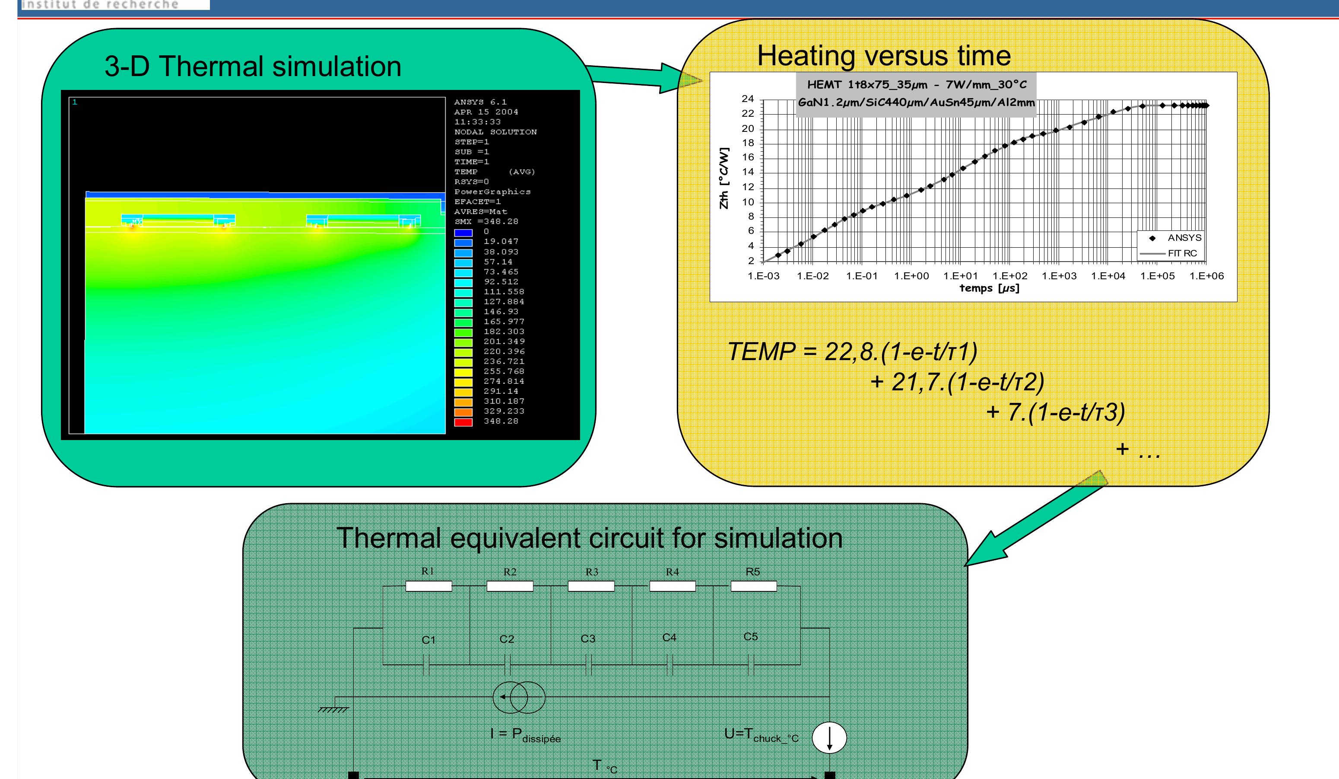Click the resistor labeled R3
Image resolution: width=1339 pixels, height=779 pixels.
point(591,586)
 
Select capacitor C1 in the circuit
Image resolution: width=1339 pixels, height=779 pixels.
point(426,665)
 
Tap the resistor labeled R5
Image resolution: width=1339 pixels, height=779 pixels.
point(753,586)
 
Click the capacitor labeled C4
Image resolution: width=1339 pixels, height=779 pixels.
point(669,665)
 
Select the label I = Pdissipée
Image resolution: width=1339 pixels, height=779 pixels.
point(525,735)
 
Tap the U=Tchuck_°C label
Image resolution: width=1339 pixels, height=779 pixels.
point(762,735)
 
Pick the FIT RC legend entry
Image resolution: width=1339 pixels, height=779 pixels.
point(1171,253)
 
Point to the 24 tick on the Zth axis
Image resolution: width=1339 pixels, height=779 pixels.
point(748,99)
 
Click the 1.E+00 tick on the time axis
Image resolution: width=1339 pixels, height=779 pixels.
point(911,276)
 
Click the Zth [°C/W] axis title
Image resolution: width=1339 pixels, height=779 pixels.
point(723,178)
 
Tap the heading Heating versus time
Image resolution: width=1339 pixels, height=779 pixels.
point(883,56)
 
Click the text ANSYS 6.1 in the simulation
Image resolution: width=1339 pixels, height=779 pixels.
point(480,102)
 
